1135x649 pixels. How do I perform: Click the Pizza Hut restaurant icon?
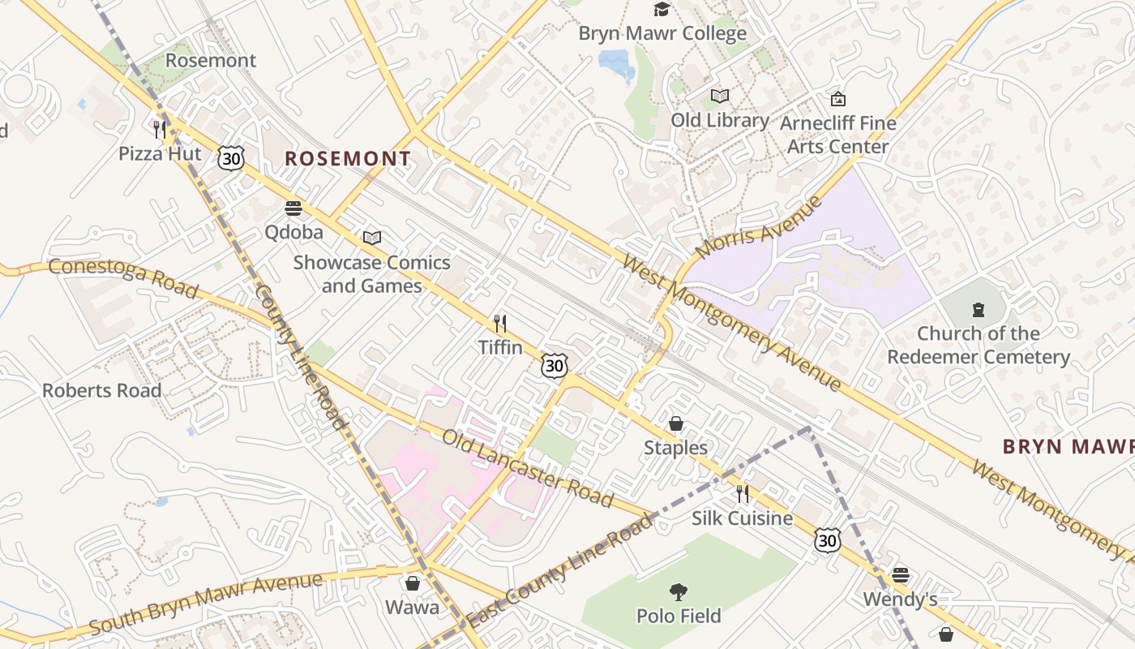[x=160, y=129]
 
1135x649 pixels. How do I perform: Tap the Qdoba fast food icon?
[x=293, y=208]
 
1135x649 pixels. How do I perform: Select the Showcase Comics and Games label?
[x=371, y=274]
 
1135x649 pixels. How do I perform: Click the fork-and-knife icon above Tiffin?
[x=500, y=324]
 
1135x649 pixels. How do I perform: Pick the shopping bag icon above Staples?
[x=675, y=423]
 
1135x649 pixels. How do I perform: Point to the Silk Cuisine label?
[x=742, y=518]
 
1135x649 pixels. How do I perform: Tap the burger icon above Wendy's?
[x=900, y=575]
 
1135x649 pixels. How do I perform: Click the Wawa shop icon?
[x=412, y=583]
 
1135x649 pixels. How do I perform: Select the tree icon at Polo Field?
[x=679, y=592]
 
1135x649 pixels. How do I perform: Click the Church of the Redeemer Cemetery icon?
[x=979, y=310]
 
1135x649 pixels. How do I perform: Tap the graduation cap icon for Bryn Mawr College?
[x=662, y=10]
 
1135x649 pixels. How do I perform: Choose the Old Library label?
[x=720, y=120]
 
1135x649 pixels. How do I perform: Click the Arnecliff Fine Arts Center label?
[x=838, y=135]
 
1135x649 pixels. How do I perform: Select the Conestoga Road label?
[x=123, y=277]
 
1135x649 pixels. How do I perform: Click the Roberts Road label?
[x=102, y=390]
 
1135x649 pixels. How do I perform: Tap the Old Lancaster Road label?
[x=527, y=468]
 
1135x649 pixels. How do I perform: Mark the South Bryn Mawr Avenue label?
[x=205, y=604]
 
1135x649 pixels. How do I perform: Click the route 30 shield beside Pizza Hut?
[x=231, y=158]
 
